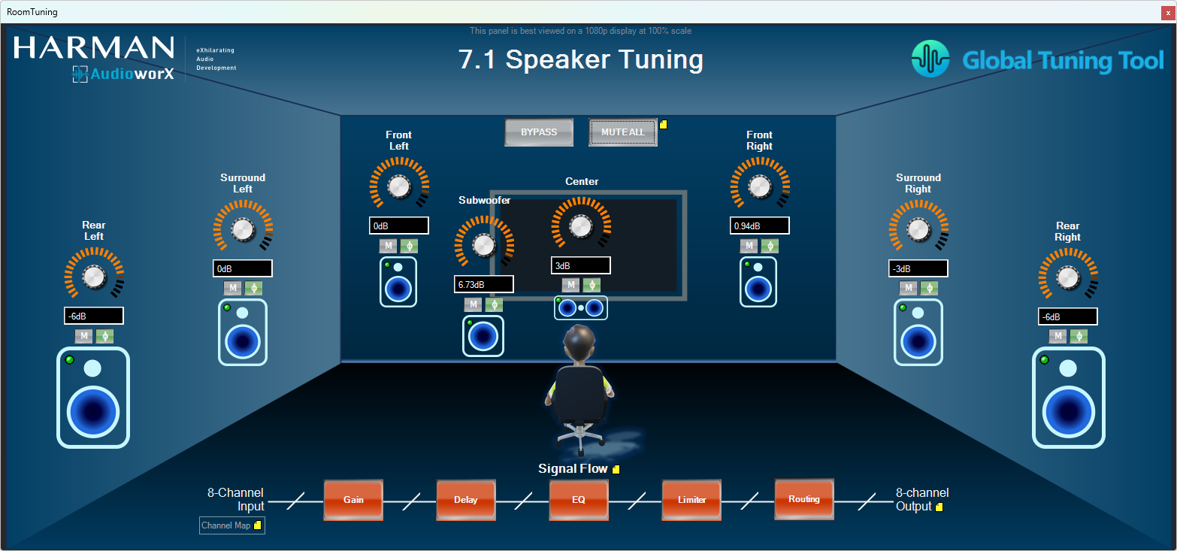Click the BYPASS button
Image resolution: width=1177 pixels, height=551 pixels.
click(539, 132)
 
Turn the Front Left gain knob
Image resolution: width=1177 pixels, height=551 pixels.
click(399, 186)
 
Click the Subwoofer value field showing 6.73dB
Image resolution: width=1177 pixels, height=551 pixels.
click(483, 284)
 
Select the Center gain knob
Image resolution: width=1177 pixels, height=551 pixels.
click(581, 226)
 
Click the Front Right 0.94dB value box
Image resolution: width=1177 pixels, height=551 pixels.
click(759, 226)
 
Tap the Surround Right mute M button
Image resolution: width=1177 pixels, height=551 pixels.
click(908, 288)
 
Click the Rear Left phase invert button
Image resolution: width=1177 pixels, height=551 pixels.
click(105, 336)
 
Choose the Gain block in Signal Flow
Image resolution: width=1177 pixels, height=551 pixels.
click(353, 499)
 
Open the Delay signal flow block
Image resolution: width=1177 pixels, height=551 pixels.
click(465, 499)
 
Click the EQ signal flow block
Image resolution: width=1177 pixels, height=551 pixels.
click(579, 499)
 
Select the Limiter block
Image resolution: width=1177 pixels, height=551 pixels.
click(691, 499)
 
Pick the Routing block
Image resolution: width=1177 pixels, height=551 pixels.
click(804, 499)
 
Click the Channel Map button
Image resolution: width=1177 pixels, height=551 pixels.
click(231, 525)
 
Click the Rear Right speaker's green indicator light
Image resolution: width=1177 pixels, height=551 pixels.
click(1044, 360)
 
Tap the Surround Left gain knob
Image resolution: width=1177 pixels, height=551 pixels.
click(243, 229)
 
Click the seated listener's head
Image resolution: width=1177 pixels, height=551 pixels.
click(579, 342)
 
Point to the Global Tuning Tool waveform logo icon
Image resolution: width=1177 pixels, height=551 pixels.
click(930, 59)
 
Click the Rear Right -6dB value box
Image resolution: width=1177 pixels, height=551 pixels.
click(1068, 316)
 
